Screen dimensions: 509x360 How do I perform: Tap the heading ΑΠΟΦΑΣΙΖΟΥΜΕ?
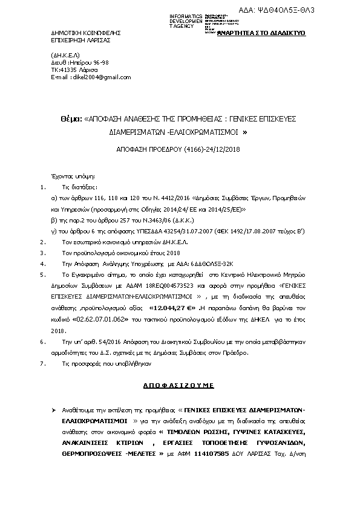180,384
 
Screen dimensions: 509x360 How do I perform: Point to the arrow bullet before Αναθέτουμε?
53,410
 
